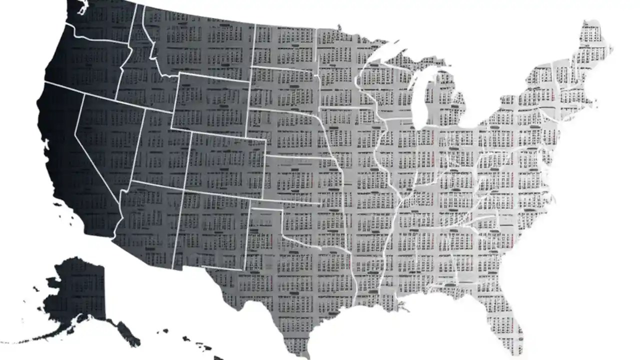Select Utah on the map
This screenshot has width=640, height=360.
160,150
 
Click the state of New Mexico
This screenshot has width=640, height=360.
210,230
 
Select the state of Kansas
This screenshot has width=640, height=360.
300,180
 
